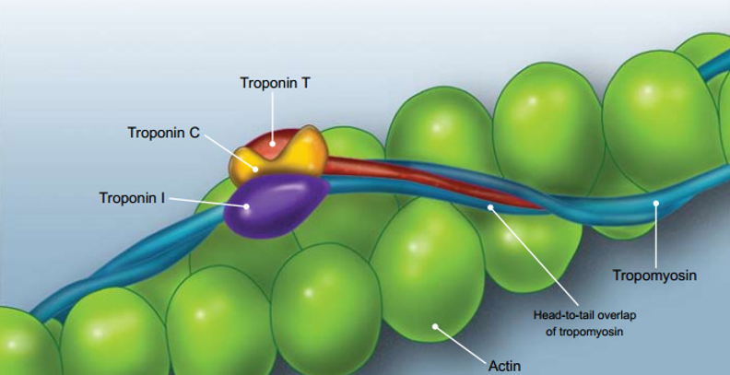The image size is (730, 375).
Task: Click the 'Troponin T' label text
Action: coord(274,83)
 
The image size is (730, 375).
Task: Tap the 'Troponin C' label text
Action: coord(163,133)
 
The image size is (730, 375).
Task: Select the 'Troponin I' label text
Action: coord(132,197)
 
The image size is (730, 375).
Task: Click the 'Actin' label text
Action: coord(504,366)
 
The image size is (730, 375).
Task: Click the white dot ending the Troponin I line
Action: coord(245,206)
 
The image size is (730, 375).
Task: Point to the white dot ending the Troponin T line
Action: coord(273,142)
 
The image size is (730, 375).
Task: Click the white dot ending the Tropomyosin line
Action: coord(655,203)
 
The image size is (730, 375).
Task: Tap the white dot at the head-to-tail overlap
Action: coord(491,207)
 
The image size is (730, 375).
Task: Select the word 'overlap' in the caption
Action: coord(598,315)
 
